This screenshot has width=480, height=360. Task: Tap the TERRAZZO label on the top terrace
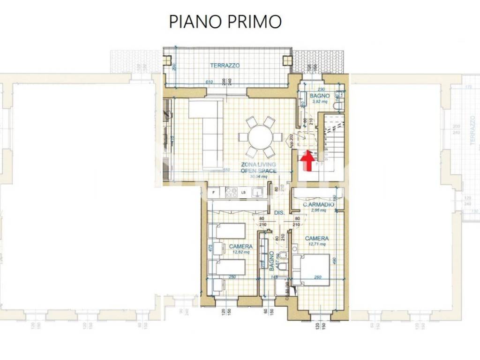[225, 66]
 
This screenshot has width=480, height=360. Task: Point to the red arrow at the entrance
[307, 161]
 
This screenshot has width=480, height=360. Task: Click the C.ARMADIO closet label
[319, 205]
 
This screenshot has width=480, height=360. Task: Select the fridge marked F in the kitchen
[213, 192]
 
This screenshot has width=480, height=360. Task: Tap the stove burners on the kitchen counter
[231, 192]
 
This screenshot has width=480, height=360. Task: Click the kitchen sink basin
[256, 192]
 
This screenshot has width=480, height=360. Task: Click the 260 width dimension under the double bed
[317, 277]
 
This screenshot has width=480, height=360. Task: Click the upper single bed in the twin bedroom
[228, 231]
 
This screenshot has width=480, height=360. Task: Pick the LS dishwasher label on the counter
[244, 192]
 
